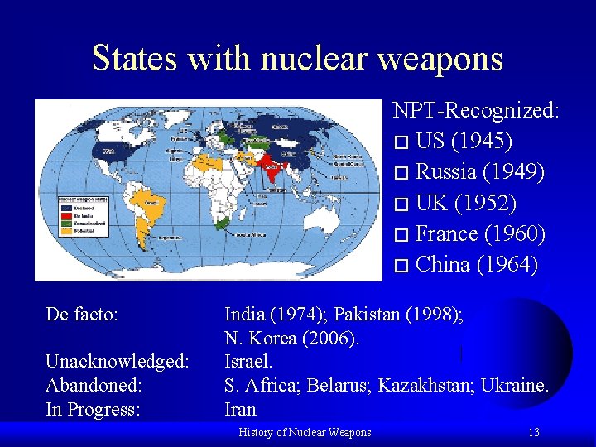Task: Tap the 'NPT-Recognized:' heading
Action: click(x=476, y=110)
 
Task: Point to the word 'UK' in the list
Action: click(x=432, y=203)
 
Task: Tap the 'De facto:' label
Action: click(x=82, y=315)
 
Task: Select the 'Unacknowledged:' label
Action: click(x=118, y=362)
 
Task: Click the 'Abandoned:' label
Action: click(x=94, y=386)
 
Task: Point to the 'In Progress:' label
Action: click(x=93, y=409)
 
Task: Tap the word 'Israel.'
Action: click(x=248, y=362)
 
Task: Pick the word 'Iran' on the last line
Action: click(x=241, y=409)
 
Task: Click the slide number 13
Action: click(x=534, y=432)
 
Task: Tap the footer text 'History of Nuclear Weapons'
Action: click(x=305, y=432)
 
